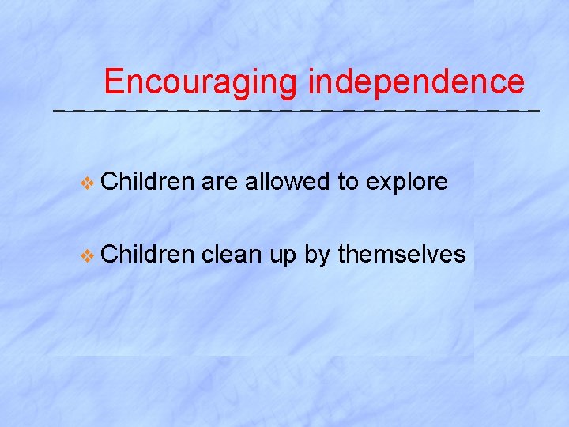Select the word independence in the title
[416, 82]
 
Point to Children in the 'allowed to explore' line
[148, 182]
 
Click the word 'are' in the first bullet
[220, 183]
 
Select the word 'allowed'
[287, 182]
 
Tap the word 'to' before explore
[348, 183]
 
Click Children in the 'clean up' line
[148, 254]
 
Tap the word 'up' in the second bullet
[281, 255]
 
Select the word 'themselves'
[401, 254]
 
